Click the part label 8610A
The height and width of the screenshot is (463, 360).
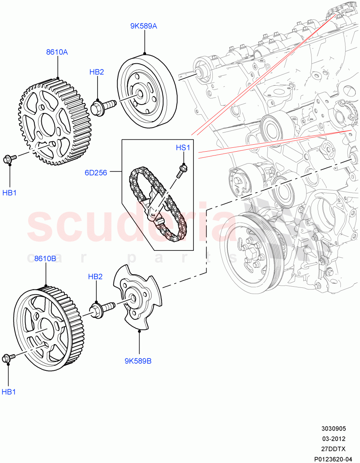click(57, 52)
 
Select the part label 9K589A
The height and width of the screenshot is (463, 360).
click(143, 26)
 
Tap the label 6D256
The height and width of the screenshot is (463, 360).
click(96, 172)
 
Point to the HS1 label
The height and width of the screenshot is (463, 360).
click(183, 147)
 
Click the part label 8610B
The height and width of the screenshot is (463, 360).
click(45, 259)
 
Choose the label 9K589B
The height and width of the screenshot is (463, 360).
click(138, 362)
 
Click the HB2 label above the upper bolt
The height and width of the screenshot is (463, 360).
click(97, 72)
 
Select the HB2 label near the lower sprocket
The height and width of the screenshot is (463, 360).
click(95, 276)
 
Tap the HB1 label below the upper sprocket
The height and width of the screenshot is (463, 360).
click(9, 193)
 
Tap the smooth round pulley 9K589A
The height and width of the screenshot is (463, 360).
click(146, 93)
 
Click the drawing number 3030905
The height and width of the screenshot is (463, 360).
click(334, 429)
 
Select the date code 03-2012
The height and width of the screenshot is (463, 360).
click(334, 439)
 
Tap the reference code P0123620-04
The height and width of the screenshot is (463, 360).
click(333, 459)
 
